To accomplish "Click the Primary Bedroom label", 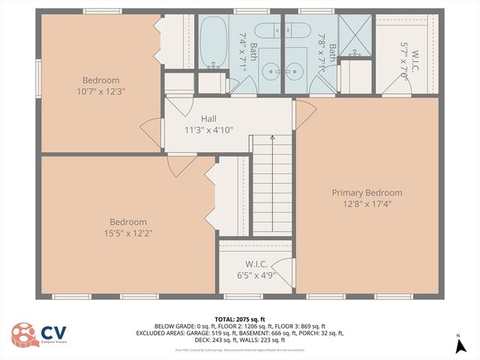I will pyautogui.click(x=367, y=193).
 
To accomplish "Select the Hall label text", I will pyautogui.click(x=208, y=118).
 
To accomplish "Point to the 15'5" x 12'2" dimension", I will pyautogui.click(x=128, y=233).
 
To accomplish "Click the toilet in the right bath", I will pyautogui.click(x=301, y=33).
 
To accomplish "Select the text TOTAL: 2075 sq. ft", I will pyautogui.click(x=240, y=319).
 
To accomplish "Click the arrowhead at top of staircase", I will pyautogui.click(x=272, y=138).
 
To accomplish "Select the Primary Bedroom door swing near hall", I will pyautogui.click(x=304, y=112).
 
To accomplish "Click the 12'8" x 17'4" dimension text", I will pyautogui.click(x=367, y=203).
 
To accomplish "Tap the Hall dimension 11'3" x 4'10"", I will pyautogui.click(x=208, y=129).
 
